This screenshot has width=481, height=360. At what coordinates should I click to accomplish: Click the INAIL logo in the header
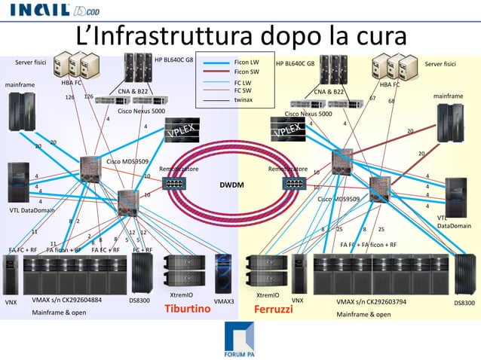(x=42, y=11)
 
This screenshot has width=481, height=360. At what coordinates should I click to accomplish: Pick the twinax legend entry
(x=243, y=99)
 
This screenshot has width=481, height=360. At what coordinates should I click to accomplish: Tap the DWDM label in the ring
(x=231, y=184)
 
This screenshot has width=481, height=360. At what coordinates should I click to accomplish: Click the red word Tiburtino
(x=187, y=309)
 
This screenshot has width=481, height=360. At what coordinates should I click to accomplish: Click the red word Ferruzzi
(x=272, y=310)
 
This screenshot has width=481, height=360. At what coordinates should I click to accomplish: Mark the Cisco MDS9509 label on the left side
(x=127, y=161)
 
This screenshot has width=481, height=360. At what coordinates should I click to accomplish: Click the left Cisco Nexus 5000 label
(x=142, y=111)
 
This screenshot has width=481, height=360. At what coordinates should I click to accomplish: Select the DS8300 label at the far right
(x=464, y=303)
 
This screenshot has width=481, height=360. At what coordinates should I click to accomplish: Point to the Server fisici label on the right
(x=441, y=64)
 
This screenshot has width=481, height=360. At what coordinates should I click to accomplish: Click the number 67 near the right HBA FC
(x=372, y=97)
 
